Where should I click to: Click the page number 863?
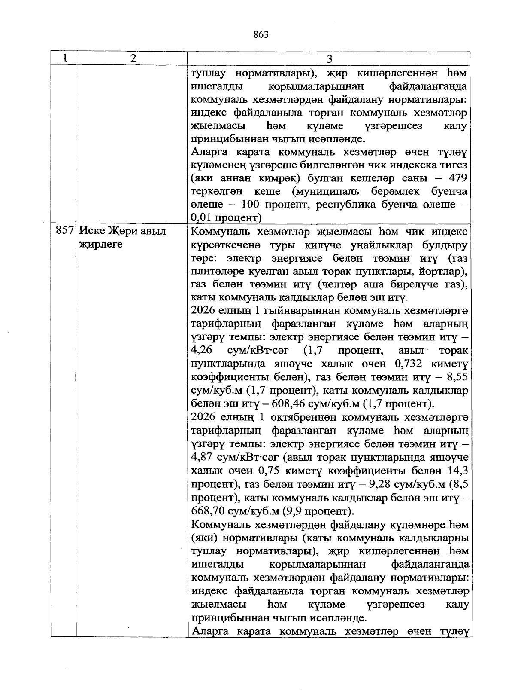[261, 35]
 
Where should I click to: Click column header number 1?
[64, 58]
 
